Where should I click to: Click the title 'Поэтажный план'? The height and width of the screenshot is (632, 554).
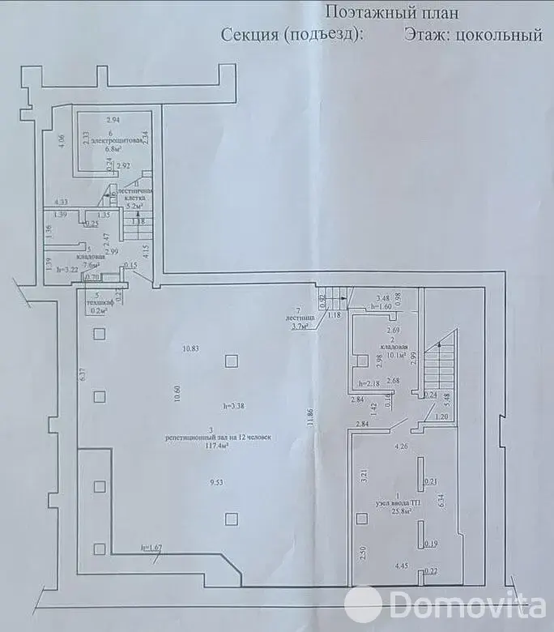point(391,12)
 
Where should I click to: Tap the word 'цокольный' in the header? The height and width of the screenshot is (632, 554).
point(495,34)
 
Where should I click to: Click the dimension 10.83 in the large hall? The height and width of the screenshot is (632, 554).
point(190,348)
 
